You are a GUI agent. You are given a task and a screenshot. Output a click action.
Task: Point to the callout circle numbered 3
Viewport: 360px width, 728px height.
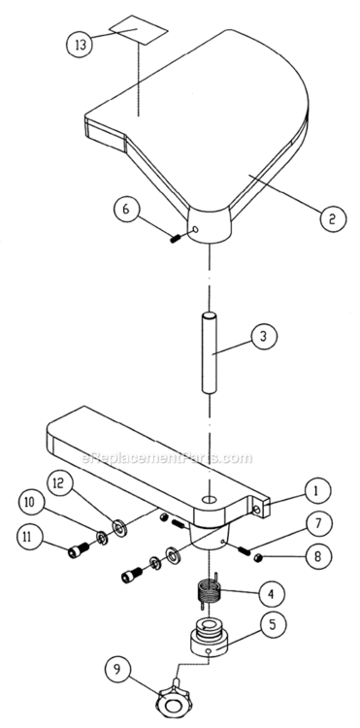pyautogui.click(x=263, y=337)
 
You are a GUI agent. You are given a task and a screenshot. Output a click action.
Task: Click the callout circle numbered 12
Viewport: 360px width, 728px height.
pyautogui.click(x=59, y=482)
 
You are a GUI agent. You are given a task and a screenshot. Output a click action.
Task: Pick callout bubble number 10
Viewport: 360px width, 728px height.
pyautogui.click(x=31, y=503)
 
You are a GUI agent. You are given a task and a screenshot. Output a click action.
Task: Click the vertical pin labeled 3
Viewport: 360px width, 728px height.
pyautogui.click(x=209, y=351)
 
